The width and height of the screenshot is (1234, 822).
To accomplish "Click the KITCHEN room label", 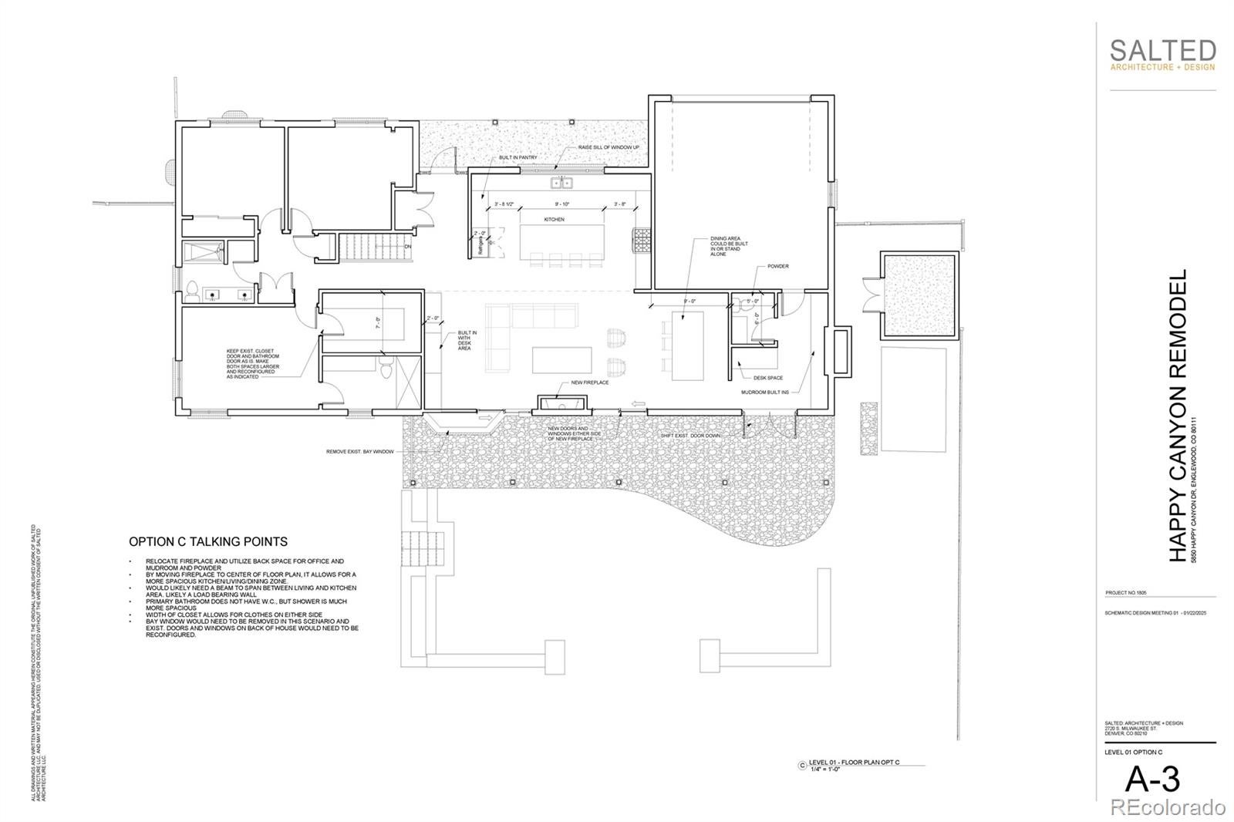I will (x=554, y=220).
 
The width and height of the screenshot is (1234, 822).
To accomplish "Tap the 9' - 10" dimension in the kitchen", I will (x=561, y=204).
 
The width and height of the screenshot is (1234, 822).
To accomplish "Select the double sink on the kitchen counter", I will (x=561, y=183).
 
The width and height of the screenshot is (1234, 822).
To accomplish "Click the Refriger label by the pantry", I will (x=480, y=245).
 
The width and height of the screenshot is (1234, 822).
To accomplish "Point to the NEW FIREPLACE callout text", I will (x=589, y=382).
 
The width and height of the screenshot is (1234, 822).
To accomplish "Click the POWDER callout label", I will (x=777, y=266).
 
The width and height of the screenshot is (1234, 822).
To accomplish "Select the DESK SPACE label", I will (x=768, y=378).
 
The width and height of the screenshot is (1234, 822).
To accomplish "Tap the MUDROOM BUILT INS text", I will (x=765, y=392).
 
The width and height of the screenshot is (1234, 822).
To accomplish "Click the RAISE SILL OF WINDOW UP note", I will (x=609, y=147).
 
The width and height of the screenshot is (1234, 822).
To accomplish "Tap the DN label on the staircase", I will (x=408, y=247).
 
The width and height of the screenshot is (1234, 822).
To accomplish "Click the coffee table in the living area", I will (x=562, y=360).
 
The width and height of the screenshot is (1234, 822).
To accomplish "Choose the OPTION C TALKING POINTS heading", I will (x=208, y=542).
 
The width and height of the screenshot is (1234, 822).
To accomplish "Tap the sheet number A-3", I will (x=1152, y=780).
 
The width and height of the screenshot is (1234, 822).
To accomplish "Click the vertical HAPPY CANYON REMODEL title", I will (x=1178, y=416).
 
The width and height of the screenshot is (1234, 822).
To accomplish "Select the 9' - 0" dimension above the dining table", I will (x=689, y=301).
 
